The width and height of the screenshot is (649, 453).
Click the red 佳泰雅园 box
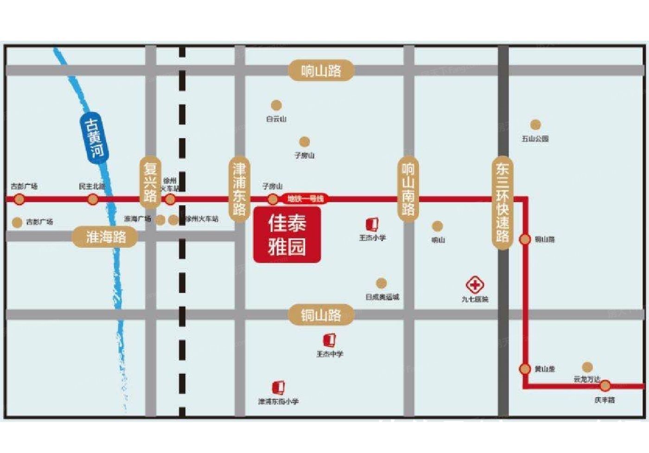pyautogui.click(x=287, y=235)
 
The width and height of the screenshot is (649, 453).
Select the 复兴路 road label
pyautogui.click(x=150, y=182)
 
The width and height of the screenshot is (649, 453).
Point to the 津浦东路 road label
pyautogui.click(x=239, y=189)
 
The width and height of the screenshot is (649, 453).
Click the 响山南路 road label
pyautogui.click(x=408, y=189)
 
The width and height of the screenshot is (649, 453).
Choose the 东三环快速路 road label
pyautogui.click(x=503, y=203)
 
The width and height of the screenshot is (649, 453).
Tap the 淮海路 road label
pyautogui.click(x=106, y=237)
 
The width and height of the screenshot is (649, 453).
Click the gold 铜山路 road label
pyautogui.click(x=321, y=316)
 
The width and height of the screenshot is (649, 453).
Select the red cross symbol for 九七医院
pyautogui.click(x=475, y=284)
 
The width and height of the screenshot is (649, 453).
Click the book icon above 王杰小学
pyautogui.click(x=372, y=225)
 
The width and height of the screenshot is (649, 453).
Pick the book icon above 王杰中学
pyautogui.click(x=330, y=340)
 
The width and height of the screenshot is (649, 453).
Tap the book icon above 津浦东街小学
pyautogui.click(x=278, y=387)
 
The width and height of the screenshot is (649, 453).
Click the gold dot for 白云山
pyautogui.click(x=276, y=105)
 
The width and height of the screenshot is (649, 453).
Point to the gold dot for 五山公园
pyautogui.click(x=535, y=125)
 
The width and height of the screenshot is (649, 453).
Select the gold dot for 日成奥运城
pyautogui.click(x=381, y=283)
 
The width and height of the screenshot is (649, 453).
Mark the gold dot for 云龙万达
pyautogui.click(x=587, y=367)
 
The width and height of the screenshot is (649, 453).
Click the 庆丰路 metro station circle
pyautogui.click(x=605, y=385)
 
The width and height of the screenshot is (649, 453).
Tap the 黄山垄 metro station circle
pyautogui.click(x=525, y=369)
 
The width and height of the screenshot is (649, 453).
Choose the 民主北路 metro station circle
pyautogui.click(x=93, y=200)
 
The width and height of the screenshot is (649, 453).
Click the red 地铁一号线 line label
pyautogui.click(x=305, y=199)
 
